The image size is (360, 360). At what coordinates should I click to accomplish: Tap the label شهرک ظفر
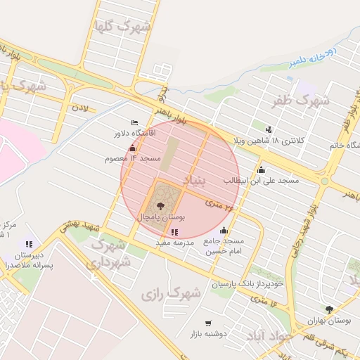303,101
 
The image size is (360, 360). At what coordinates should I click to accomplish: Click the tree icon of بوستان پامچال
162,205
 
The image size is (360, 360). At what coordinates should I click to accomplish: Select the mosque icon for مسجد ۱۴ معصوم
133,148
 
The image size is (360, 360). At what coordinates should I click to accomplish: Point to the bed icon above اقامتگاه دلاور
135,123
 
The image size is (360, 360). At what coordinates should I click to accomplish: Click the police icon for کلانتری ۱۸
269,129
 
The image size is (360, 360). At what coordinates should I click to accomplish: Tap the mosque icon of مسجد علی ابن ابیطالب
262,169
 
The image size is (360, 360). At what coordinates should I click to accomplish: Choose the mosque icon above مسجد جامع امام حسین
224,231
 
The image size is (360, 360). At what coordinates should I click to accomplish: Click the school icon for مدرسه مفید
174,232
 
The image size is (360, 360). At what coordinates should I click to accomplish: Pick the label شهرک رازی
170,293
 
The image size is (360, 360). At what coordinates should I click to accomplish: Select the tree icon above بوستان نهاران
329,309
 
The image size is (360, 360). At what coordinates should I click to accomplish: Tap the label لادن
80,109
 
